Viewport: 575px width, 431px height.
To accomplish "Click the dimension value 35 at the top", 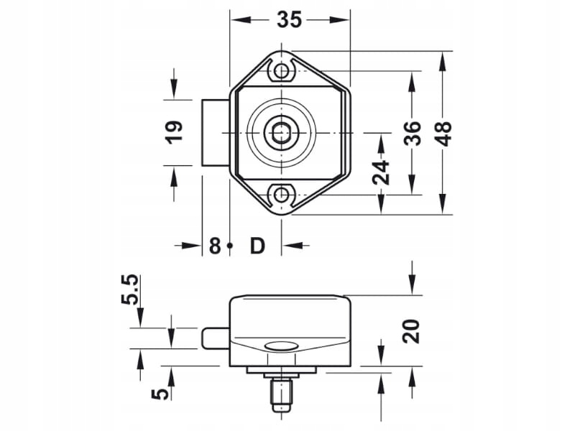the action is click(289, 20).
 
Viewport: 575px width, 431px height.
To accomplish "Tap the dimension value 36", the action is click(412, 133).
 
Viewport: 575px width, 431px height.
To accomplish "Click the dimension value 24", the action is click(382, 172).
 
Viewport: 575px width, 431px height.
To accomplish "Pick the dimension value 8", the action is click(214, 246).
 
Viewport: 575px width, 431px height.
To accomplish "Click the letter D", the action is click(257, 246).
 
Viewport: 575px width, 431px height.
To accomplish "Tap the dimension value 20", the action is click(412, 331).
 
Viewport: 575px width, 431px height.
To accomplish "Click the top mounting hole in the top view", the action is click(282, 70).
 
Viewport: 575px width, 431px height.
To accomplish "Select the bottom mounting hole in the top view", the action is click(282, 195).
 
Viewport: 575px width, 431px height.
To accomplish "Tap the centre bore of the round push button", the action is click(280, 133).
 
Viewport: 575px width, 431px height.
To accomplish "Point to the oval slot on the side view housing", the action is click(280, 348).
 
